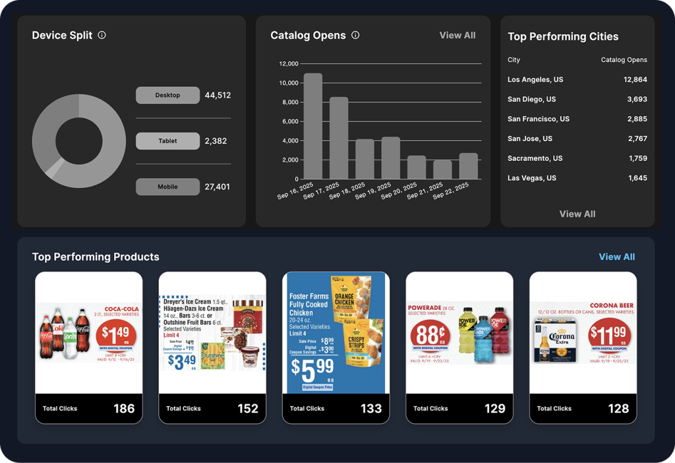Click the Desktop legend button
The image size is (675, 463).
pos(167,95)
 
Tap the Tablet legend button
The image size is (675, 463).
pos(167,141)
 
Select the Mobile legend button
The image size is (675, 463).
pos(167,187)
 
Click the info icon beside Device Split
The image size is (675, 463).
pos(102,35)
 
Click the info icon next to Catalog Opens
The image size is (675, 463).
pos(355,35)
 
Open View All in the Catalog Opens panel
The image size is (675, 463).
pos(457,35)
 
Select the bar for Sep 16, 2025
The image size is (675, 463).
pos(313,126)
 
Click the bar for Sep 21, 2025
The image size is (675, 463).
pos(442,170)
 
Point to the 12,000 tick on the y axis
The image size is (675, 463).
pos(289,64)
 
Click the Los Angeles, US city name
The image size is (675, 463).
pos(535,79)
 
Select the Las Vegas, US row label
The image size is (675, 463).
pos(531,178)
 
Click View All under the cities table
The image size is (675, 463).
pos(577,214)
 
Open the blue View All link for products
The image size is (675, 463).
pos(616,257)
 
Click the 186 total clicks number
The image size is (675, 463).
pos(124,408)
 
